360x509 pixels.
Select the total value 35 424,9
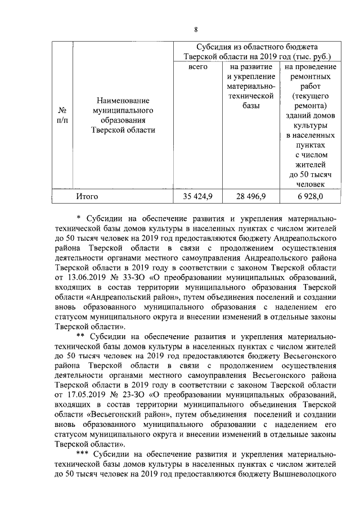pos(199,196)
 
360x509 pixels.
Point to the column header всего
pos(199,66)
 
